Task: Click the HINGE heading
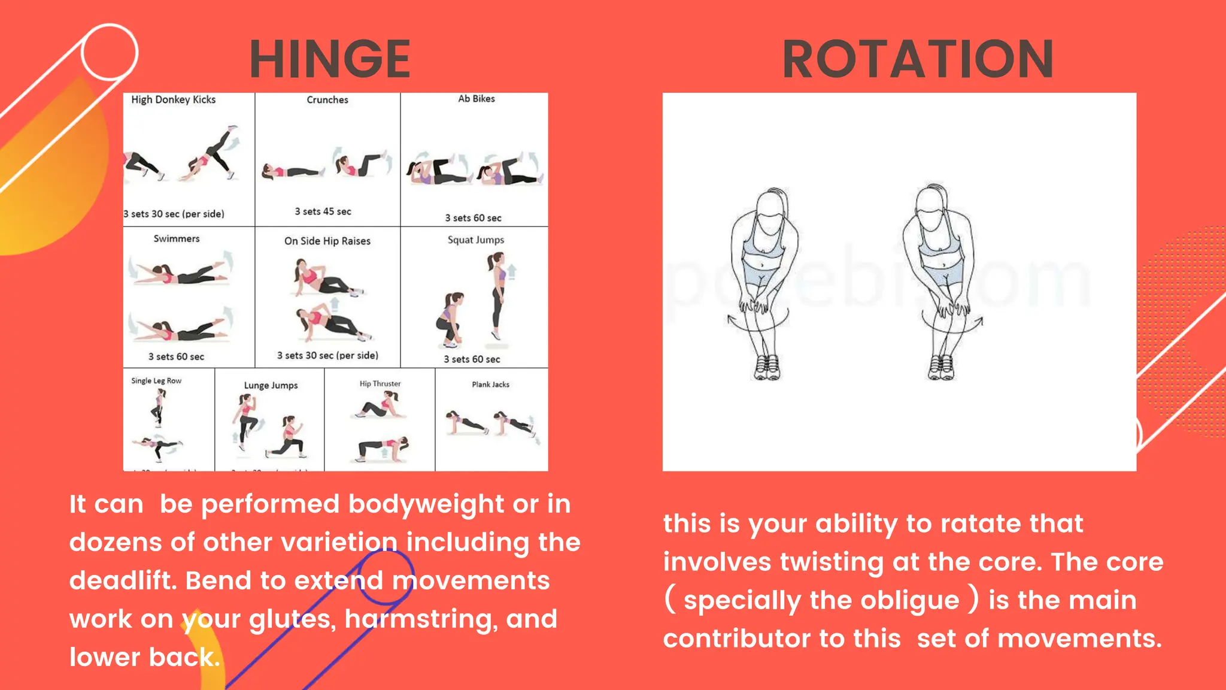pos(330,59)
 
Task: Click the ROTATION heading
pos(918,59)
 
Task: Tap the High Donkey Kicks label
pos(173,99)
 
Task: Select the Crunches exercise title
pos(327,99)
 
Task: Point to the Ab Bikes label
pos(477,99)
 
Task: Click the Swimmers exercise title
pos(177,238)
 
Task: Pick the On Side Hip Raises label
pos(327,241)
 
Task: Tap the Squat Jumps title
pos(476,240)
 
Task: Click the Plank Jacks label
pos(490,385)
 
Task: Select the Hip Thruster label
pos(380,383)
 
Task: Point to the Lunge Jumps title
pos(271,385)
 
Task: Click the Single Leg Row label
pos(156,380)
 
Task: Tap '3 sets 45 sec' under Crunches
pos(323,211)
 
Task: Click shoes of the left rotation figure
pos(767,367)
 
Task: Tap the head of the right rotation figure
pos(933,207)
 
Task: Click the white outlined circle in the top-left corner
pos(109,53)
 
